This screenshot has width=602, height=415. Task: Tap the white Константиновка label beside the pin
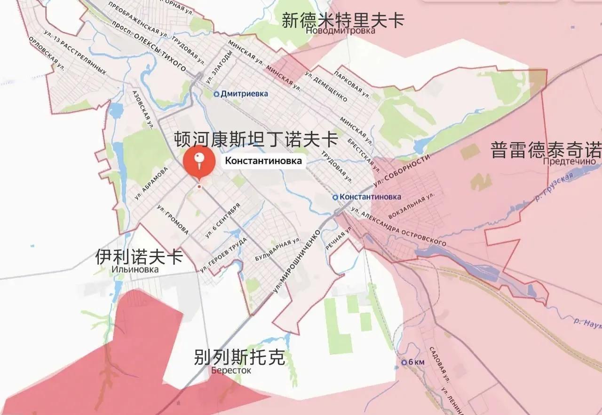pos(263,161)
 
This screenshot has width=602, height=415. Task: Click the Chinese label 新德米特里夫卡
pos(343,21)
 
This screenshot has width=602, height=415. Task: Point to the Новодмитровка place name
pos(341,31)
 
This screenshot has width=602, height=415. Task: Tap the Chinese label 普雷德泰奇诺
pos(546,151)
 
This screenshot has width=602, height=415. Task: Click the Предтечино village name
pos(569,161)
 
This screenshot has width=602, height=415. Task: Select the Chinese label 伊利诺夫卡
pos(139,257)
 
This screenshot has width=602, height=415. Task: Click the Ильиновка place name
pos(135,269)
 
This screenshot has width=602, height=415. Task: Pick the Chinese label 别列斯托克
pos(239,358)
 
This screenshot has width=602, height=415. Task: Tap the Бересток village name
pos(231,370)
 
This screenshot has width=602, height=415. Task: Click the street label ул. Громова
pos(173,219)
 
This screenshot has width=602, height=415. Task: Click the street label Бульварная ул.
pos(277,251)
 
